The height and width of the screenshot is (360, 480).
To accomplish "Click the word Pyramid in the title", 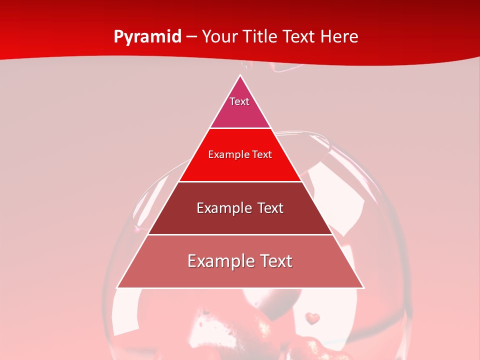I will click(147, 37).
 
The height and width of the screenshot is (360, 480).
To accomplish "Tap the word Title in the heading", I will click(261, 36).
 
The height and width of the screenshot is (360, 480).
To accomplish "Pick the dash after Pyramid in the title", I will click(191, 37).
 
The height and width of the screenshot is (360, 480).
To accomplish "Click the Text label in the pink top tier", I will click(239, 101).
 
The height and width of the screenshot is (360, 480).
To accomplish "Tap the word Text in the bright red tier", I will click(262, 155).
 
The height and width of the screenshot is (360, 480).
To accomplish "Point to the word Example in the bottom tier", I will click(219, 261).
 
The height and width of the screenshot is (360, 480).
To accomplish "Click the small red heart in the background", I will click(312, 317).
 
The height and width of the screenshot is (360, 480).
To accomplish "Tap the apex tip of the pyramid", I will click(240, 76).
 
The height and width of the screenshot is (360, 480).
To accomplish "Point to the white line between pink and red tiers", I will click(240, 128).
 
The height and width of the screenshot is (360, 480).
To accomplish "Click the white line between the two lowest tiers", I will click(240, 234).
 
